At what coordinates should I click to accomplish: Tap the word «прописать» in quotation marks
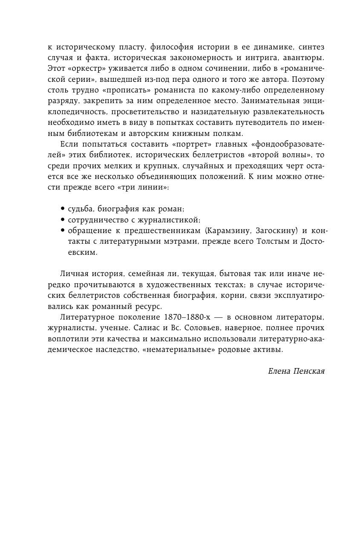96,90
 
